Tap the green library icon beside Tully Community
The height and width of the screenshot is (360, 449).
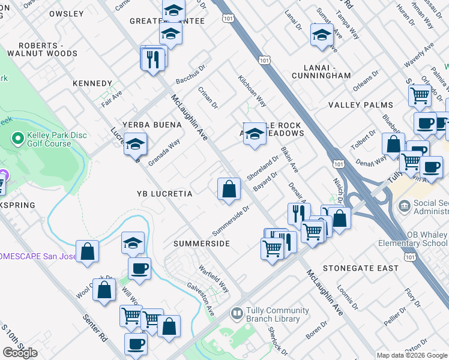coord(237,314)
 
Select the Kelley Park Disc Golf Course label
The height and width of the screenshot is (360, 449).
coord(58,139)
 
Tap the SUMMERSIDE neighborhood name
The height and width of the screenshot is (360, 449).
coord(202,244)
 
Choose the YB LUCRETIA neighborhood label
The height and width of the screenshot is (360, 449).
coord(164,194)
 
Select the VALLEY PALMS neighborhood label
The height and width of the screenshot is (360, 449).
coord(361,105)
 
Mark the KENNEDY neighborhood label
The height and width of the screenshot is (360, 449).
coord(92,83)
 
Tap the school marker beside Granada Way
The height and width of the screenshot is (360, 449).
coord(136,145)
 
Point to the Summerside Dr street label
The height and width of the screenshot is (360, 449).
coord(230,221)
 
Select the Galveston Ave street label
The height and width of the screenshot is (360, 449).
coord(201,300)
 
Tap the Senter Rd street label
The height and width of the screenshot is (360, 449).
coord(95,328)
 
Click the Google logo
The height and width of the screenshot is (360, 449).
coord(20,352)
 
